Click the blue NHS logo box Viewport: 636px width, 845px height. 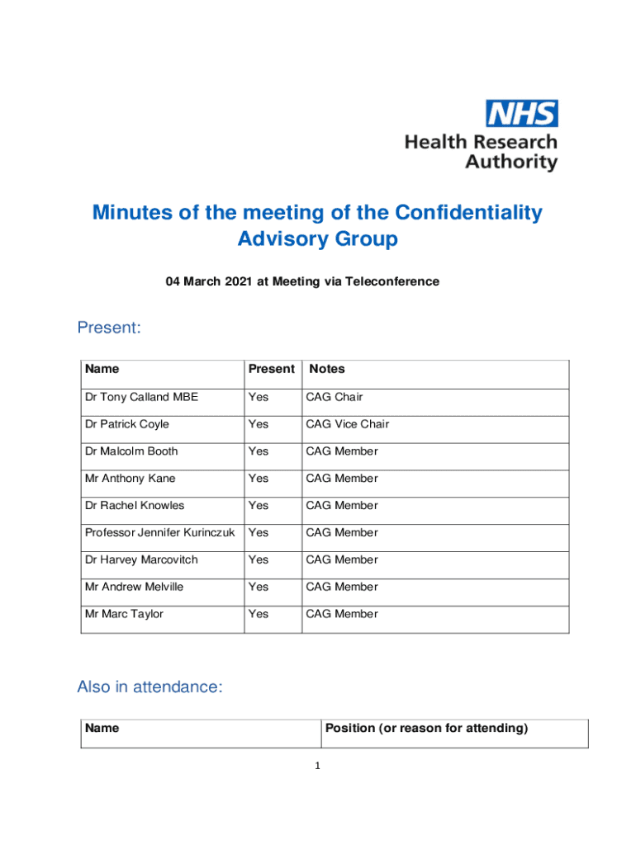521,113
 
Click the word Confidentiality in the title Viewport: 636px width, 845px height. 468,213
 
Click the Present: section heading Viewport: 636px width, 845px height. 109,328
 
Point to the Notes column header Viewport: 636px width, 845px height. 327,369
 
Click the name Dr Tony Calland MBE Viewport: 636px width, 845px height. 141,397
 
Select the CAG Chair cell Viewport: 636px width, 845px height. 334,397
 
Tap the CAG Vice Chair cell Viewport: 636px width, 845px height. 347,424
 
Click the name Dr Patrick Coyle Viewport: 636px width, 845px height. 126,424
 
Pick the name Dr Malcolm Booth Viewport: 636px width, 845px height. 131,451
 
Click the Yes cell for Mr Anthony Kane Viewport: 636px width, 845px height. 259,479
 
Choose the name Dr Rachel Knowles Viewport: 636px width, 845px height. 134,506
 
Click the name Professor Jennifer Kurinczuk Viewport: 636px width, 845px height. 160,533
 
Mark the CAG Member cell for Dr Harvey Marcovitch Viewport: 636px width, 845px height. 342,559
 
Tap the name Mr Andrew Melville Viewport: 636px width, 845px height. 134,587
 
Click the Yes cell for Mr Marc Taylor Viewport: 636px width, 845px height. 259,614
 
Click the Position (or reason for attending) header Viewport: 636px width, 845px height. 426,728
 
